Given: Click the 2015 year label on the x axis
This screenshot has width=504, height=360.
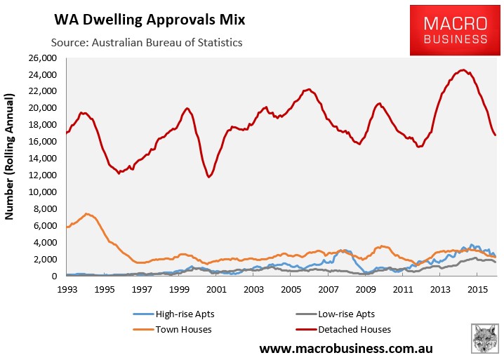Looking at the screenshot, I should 478,289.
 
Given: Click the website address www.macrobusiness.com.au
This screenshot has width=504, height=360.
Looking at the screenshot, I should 345,347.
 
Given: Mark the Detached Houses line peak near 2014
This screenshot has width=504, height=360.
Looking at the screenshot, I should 463,70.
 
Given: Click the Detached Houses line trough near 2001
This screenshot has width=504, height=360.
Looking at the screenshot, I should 208,177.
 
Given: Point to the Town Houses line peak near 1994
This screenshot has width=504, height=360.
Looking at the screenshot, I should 86,213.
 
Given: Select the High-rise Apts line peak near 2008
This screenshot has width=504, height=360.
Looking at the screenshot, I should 343,251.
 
